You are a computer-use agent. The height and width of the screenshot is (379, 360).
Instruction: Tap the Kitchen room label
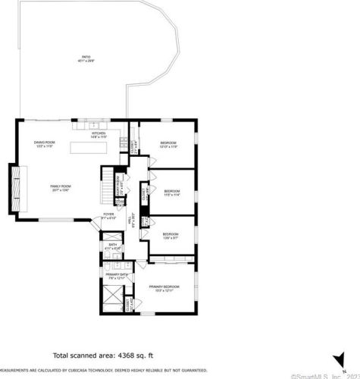click(99, 135)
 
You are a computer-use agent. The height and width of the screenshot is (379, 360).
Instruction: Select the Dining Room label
click(45, 144)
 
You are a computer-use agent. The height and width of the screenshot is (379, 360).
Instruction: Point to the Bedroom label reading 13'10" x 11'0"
click(167, 145)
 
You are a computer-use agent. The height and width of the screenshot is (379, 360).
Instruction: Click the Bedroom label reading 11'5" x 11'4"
click(172, 193)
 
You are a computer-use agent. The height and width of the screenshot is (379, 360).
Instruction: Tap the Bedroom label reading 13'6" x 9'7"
click(170, 236)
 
